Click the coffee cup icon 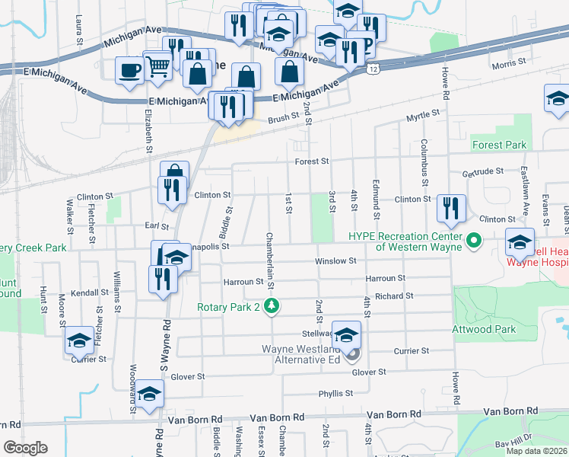(129, 71)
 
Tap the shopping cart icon (157, 66)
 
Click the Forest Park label (499, 145)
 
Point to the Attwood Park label (484, 330)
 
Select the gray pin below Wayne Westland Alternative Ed (351, 354)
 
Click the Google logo (25, 448)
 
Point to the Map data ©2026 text (537, 451)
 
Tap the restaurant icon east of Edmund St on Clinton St (451, 209)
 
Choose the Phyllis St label (335, 394)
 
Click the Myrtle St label (423, 116)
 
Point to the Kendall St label (90, 292)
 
